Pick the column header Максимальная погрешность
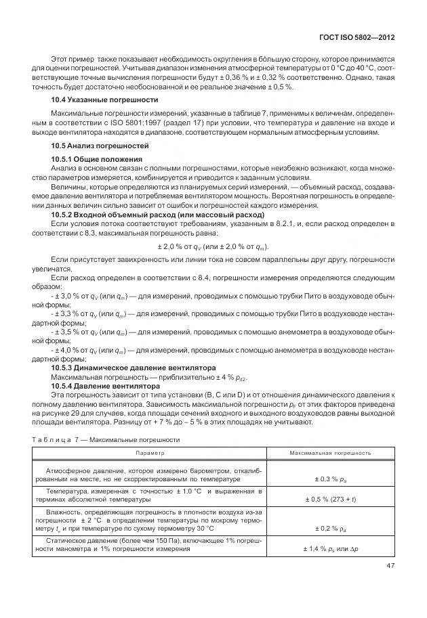pos(330,452)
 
